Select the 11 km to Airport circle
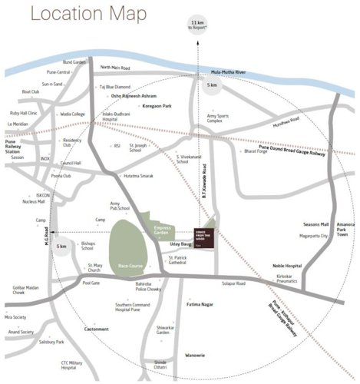tap(198, 24)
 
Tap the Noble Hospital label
tap(287, 265)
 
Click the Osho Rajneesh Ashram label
tap(132, 96)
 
